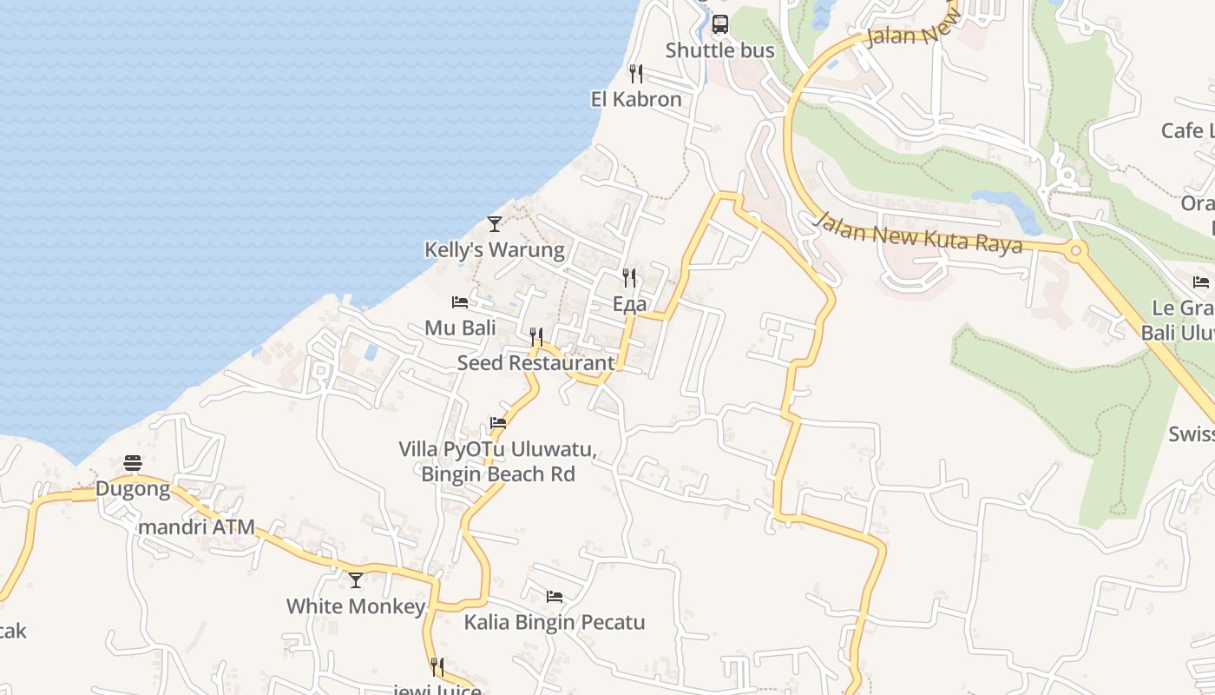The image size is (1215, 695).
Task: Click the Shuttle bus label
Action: click(x=719, y=50)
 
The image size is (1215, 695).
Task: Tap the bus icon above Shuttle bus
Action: click(x=720, y=24)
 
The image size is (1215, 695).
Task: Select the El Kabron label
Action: click(x=636, y=99)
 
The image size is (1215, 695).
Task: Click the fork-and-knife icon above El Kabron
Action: click(x=636, y=73)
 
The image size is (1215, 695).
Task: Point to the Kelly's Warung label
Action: click(x=494, y=250)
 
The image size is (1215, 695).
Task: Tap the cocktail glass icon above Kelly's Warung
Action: click(x=495, y=224)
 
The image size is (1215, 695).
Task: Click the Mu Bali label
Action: click(x=460, y=328)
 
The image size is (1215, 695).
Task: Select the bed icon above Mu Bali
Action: click(x=460, y=302)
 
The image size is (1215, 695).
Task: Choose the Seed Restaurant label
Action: click(x=535, y=362)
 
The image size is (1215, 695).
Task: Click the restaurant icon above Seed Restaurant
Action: click(x=536, y=337)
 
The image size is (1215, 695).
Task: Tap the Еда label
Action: click(x=629, y=304)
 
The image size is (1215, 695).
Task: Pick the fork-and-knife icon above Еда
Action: click(x=629, y=278)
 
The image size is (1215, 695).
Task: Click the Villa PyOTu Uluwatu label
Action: click(x=497, y=450)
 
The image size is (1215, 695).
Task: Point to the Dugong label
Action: click(x=133, y=488)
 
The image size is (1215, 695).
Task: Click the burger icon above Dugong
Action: click(x=133, y=462)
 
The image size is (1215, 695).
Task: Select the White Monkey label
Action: click(x=356, y=606)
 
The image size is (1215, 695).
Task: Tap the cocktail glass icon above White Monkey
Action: click(x=356, y=579)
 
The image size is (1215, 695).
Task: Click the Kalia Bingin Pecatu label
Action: click(x=555, y=622)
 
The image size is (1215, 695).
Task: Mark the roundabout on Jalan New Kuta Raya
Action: click(x=1076, y=251)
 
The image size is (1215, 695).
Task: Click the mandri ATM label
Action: click(x=197, y=526)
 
